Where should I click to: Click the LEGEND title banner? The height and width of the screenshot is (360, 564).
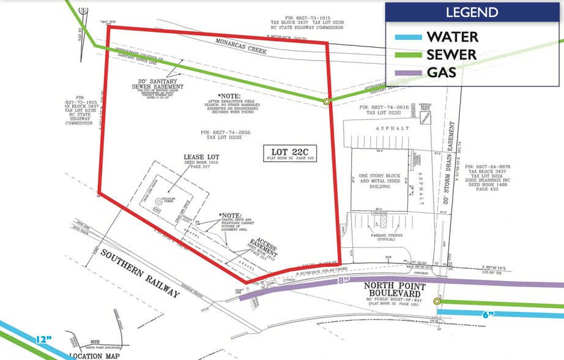coord(472,12)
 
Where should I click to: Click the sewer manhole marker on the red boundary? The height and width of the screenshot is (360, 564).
coord(327,102)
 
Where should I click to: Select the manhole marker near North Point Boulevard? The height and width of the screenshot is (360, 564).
coord(437,301)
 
